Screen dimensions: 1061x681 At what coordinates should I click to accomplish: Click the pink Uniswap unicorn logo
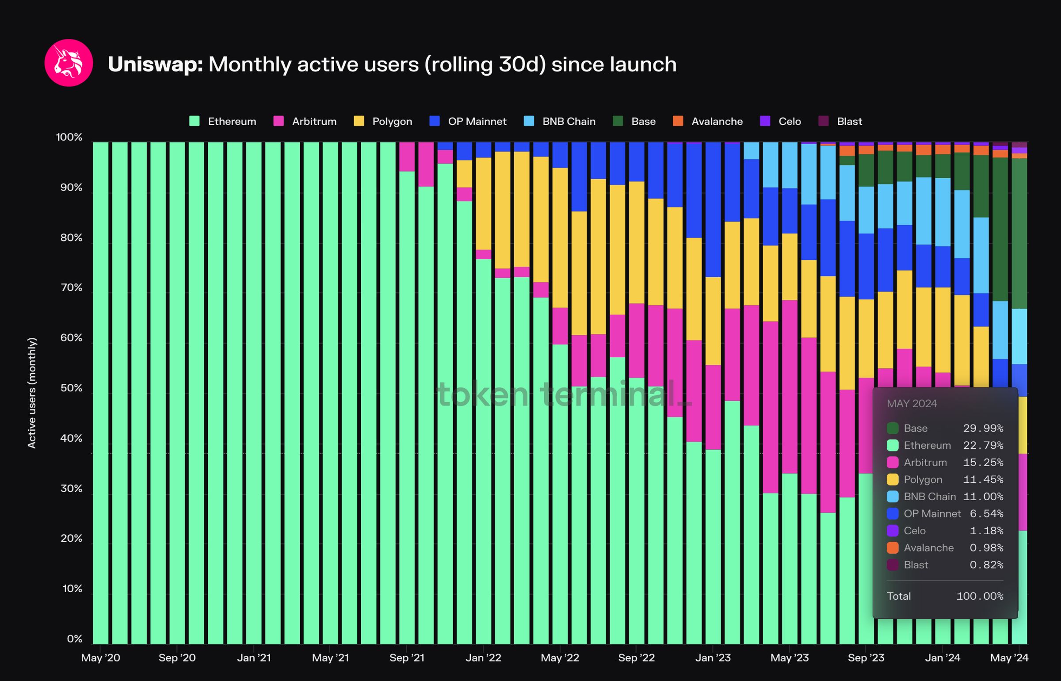(x=69, y=63)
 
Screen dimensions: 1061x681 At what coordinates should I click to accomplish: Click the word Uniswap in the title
(x=155, y=65)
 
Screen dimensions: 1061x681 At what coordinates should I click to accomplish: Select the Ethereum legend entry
(x=222, y=121)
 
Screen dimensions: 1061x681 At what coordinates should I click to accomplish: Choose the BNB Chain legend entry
(x=559, y=121)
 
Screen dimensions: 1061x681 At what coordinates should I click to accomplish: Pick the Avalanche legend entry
(x=707, y=121)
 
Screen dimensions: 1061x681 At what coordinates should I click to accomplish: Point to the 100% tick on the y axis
(x=69, y=137)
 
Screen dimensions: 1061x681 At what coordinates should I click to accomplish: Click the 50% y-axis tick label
(x=71, y=388)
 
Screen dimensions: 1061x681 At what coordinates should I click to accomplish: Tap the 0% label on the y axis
(x=75, y=639)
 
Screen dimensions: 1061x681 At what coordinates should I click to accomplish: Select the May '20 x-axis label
(x=100, y=658)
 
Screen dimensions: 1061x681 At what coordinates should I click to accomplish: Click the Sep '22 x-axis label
(x=636, y=658)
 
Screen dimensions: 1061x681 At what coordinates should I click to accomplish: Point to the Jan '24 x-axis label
(x=943, y=658)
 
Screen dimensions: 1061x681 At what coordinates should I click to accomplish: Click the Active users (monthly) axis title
(x=32, y=393)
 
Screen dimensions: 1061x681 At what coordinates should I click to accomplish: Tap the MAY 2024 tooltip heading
(x=912, y=403)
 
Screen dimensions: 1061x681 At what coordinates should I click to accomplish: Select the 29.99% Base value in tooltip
(x=983, y=428)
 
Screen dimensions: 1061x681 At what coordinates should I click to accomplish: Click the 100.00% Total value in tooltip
(x=980, y=596)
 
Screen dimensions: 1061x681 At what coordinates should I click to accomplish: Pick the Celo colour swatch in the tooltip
(x=893, y=531)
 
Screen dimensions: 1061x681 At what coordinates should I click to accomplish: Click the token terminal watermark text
(x=565, y=394)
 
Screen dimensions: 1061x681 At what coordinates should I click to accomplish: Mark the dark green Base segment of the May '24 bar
(x=1019, y=233)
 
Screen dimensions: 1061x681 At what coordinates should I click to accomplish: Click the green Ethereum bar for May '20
(x=100, y=393)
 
